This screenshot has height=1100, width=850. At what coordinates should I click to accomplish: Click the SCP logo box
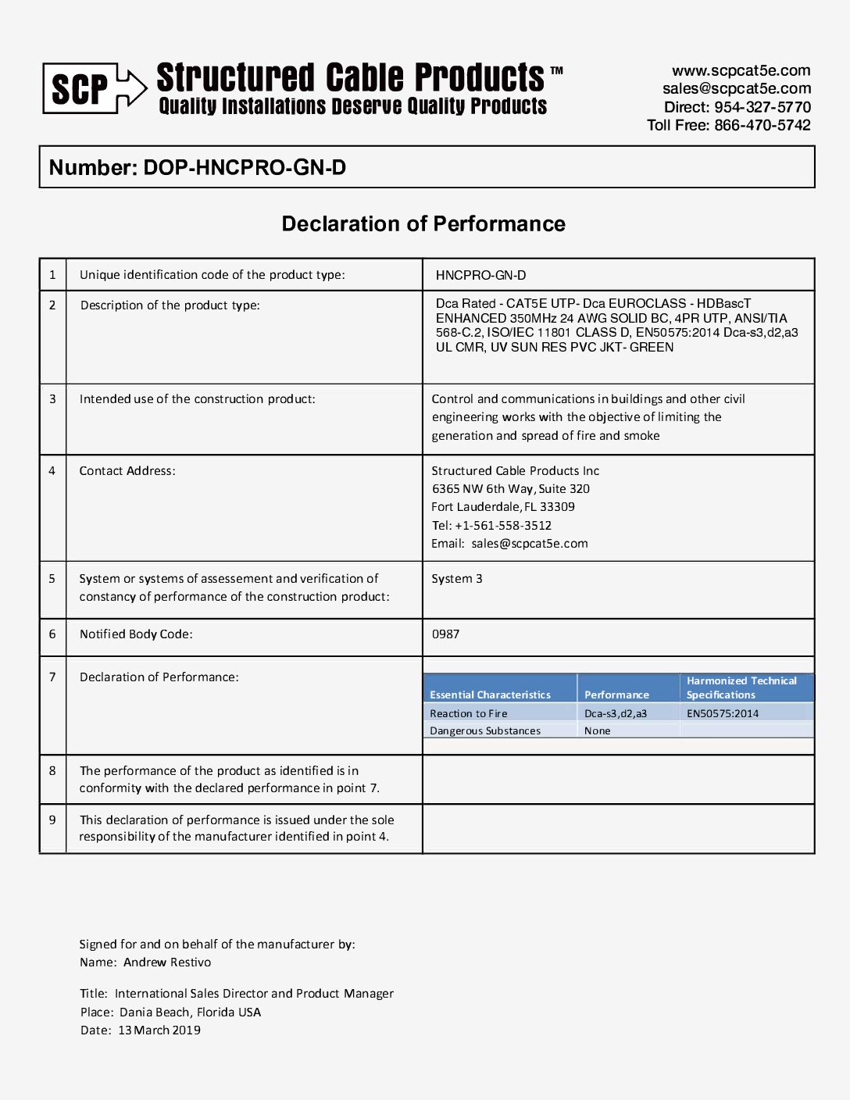[x=80, y=88]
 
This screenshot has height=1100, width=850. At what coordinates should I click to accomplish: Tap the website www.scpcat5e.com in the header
[x=741, y=71]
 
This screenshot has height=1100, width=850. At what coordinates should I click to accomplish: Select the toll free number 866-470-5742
[x=762, y=125]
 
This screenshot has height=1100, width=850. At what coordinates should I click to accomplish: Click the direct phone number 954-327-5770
[x=762, y=107]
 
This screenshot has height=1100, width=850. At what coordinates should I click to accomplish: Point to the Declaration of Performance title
[x=423, y=224]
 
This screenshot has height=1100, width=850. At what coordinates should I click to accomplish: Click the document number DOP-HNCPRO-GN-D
[x=244, y=168]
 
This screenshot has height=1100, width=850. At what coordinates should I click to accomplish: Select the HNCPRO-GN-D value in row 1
[x=480, y=275]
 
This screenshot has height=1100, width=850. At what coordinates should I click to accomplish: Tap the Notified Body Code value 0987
[x=445, y=634]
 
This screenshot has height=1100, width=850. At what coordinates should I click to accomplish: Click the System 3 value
[x=457, y=579]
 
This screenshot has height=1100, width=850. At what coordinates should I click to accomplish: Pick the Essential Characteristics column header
[x=490, y=695]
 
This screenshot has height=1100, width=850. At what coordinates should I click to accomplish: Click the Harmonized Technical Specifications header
[x=741, y=687]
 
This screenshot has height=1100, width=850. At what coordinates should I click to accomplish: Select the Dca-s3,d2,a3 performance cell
[x=616, y=713]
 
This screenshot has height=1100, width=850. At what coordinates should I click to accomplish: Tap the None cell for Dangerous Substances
[x=598, y=731]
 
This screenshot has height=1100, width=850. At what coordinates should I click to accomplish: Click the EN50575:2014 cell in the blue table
[x=723, y=713]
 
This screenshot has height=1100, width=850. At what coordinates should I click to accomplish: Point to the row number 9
[x=52, y=820]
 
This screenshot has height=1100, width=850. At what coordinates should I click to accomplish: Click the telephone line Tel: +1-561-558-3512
[x=491, y=526]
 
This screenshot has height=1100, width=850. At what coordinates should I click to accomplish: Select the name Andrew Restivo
[x=167, y=962]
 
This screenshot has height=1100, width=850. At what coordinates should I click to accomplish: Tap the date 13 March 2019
[x=159, y=1030]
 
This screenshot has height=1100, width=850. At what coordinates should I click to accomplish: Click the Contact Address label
[x=127, y=471]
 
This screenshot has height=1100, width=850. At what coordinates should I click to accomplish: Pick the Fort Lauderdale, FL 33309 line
[x=503, y=507]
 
